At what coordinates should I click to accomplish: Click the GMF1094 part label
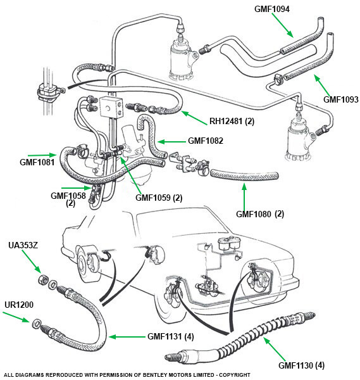click(271, 9)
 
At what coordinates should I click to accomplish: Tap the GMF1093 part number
click(340, 99)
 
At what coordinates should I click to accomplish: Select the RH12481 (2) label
click(232, 121)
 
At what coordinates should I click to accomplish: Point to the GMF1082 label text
click(205, 141)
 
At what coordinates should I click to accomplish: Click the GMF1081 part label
click(37, 162)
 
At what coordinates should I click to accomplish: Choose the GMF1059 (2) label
click(159, 198)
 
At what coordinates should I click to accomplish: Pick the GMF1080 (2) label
click(260, 214)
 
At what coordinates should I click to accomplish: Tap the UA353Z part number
click(23, 245)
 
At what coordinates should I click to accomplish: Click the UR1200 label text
click(19, 305)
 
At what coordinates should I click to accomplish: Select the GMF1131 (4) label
click(170, 336)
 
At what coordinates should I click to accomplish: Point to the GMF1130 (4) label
click(301, 365)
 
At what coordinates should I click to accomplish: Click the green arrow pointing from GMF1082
click(171, 141)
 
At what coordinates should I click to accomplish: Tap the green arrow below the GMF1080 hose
click(244, 197)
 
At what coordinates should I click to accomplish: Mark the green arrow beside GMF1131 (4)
click(127, 337)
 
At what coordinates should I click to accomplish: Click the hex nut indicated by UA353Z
click(43, 280)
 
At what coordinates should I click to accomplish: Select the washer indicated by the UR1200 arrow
click(37, 324)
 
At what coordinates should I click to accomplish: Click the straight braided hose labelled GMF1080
click(244, 175)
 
